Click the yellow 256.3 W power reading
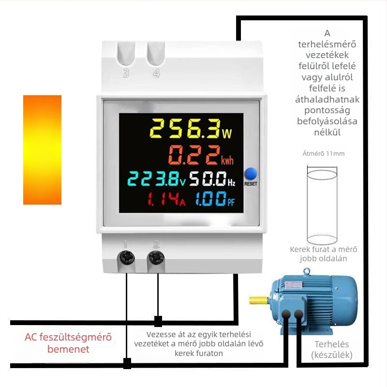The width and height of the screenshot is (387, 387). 191,129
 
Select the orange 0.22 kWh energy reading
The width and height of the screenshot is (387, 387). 201,155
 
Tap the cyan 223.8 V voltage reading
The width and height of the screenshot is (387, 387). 156,179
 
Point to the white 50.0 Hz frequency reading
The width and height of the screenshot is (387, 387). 212,179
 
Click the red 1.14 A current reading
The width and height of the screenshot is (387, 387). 166,199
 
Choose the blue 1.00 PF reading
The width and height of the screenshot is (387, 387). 215,199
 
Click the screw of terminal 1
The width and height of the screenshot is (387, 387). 127,257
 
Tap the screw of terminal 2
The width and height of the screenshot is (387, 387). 156,257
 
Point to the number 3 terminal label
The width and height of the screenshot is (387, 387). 126,74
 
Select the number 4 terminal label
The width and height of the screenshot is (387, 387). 156,74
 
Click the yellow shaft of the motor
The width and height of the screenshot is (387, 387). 258,300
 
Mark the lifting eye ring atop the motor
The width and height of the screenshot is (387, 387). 307,271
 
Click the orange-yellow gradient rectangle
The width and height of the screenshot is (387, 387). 42,150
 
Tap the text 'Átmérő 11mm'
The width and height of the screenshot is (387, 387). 323,153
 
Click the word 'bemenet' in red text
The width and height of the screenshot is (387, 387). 68,349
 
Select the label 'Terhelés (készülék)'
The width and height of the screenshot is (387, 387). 332,349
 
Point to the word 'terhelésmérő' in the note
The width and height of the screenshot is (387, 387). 327,44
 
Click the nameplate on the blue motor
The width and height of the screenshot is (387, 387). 294,284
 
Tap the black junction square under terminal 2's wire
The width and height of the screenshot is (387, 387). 158,321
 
